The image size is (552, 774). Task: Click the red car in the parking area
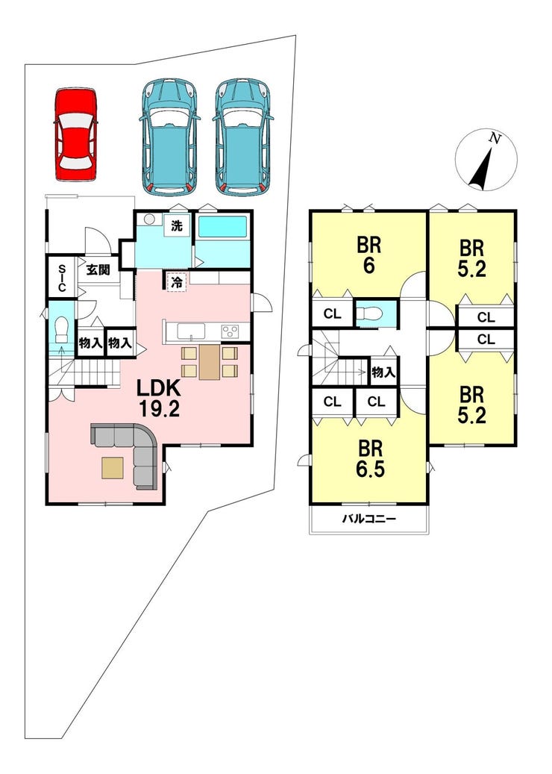coord(76,135)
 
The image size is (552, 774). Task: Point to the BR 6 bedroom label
coord(369,256)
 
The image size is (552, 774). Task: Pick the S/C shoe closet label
coord(62,278)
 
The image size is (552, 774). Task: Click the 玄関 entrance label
coord(98,270)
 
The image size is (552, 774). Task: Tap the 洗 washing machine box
coord(177,226)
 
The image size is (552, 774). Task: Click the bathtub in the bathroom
coord(222,227)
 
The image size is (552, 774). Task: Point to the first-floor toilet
coord(62,329)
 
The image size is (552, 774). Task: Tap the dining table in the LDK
coord(209,362)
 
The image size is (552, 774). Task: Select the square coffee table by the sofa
coord(113,468)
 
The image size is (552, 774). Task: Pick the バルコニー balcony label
coord(369,519)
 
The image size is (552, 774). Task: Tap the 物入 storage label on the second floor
coord(383,372)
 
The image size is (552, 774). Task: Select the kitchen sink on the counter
coord(191,331)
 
